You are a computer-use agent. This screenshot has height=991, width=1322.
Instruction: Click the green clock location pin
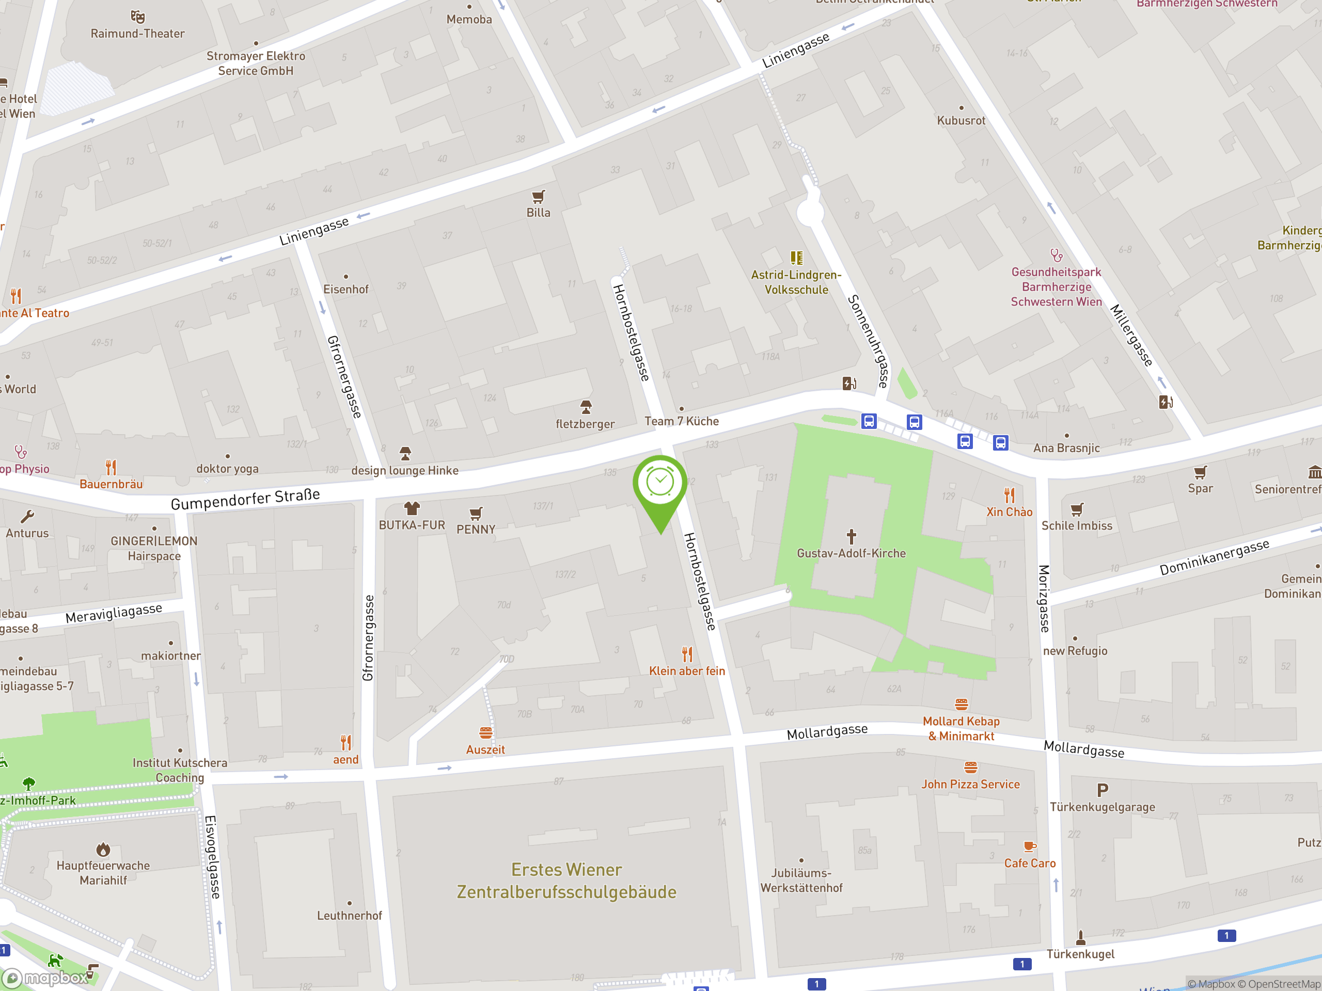point(660,483)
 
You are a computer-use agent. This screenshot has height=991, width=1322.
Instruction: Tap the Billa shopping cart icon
point(538,197)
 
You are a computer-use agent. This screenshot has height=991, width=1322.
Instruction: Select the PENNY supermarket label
point(476,529)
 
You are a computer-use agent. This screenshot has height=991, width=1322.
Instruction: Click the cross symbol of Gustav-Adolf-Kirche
point(851,536)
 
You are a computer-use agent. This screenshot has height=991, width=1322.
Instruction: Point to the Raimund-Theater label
point(137,34)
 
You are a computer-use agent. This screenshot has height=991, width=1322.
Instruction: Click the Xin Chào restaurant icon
point(1010,495)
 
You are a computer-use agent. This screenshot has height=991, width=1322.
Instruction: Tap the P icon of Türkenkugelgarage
point(1102,790)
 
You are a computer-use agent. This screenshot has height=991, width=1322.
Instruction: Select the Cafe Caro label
point(1030,863)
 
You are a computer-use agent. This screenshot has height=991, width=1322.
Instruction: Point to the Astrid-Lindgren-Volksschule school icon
point(796,258)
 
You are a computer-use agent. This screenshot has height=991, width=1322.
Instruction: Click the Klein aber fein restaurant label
point(687,671)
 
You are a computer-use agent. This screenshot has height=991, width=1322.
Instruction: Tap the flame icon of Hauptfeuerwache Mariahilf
point(103,849)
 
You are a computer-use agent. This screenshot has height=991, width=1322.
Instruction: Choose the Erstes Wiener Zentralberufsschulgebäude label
point(566,881)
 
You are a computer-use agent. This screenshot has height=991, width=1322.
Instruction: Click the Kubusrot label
point(961,120)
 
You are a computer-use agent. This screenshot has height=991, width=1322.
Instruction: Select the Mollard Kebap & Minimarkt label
point(961,729)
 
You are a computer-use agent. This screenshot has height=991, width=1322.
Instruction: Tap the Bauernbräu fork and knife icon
point(111,467)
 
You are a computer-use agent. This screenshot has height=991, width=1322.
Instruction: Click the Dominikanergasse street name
point(1214,557)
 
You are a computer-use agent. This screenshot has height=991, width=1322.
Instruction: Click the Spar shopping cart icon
point(1200,472)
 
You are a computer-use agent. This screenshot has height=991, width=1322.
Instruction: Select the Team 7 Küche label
point(681,421)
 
